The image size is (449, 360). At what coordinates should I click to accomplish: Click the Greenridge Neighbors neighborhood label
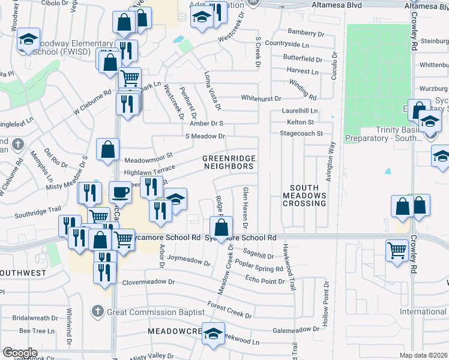(x=228, y=162)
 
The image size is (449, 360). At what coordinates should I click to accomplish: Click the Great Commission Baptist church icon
(x=97, y=311)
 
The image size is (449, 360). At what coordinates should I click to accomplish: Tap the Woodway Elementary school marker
(x=28, y=40)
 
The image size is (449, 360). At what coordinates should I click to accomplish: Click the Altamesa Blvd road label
(x=338, y=5)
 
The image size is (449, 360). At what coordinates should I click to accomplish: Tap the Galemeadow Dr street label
(x=296, y=329)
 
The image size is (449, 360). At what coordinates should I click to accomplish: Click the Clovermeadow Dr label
(x=148, y=281)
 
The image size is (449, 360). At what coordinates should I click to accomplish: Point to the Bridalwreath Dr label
(x=37, y=318)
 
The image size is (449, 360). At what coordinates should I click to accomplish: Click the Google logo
(x=19, y=353)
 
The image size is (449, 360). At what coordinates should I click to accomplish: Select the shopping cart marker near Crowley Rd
(x=397, y=250)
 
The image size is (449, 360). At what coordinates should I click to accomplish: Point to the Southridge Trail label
(x=38, y=213)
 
